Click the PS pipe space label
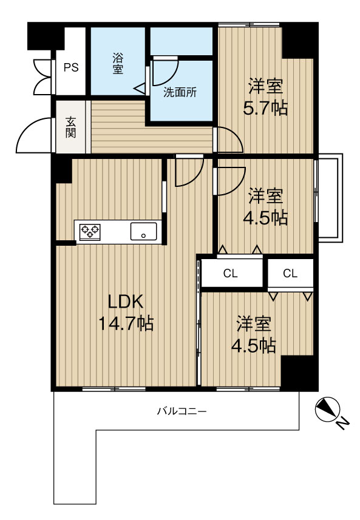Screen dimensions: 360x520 pos(71,67)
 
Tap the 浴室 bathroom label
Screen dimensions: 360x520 pos(118,63)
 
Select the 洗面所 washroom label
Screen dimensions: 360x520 pos(180,92)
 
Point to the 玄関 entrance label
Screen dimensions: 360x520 pos(70,127)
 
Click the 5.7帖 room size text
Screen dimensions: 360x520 pos(265,108)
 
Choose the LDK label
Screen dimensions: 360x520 pos(126,302)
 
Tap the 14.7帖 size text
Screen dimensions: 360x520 pos(126,323)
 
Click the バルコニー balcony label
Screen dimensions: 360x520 pos(182,411)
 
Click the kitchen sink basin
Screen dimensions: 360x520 pos(144,231)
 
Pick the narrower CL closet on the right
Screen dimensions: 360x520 pos(290,274)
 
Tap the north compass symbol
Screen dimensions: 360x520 pos(327,409)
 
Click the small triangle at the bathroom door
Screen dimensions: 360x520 pos(140,89)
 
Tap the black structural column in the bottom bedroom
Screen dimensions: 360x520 pos(297,373)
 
